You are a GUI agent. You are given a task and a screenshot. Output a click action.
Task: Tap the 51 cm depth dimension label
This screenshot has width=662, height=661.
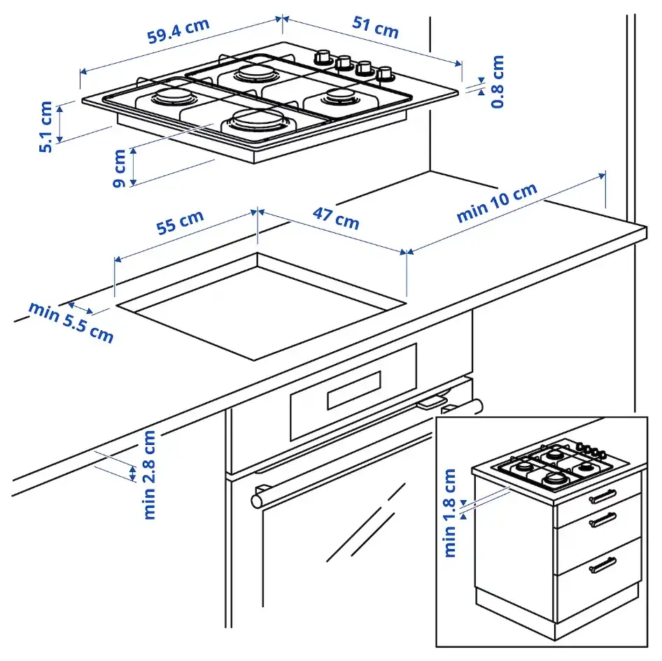pyautogui.click(x=375, y=27)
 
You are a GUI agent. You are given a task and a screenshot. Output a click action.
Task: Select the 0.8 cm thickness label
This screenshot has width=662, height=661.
pyautogui.click(x=498, y=82)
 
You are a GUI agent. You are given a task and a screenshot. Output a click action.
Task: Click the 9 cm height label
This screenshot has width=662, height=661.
pyautogui.click(x=119, y=168)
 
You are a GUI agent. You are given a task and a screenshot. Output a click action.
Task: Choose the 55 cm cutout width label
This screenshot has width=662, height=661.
pyautogui.click(x=180, y=222)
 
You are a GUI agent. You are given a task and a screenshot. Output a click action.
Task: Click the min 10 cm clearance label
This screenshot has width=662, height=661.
pyautogui.click(x=497, y=203)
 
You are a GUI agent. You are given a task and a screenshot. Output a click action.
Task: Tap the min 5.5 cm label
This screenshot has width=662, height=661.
pyautogui.click(x=71, y=321)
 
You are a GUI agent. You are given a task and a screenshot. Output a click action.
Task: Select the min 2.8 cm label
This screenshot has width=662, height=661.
pyautogui.click(x=150, y=474)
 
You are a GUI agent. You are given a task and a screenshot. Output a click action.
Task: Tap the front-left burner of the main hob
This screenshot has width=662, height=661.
pyautogui.click(x=170, y=97)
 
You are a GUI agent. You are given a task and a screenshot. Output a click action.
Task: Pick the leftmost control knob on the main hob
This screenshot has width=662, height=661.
pyautogui.click(x=323, y=57)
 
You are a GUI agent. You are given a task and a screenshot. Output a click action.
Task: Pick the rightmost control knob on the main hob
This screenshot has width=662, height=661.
pyautogui.click(x=384, y=73)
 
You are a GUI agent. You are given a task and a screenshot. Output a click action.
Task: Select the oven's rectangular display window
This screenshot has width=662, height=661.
pyautogui.click(x=353, y=390)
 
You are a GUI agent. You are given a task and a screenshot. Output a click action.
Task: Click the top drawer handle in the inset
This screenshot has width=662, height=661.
pyautogui.click(x=602, y=495)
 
